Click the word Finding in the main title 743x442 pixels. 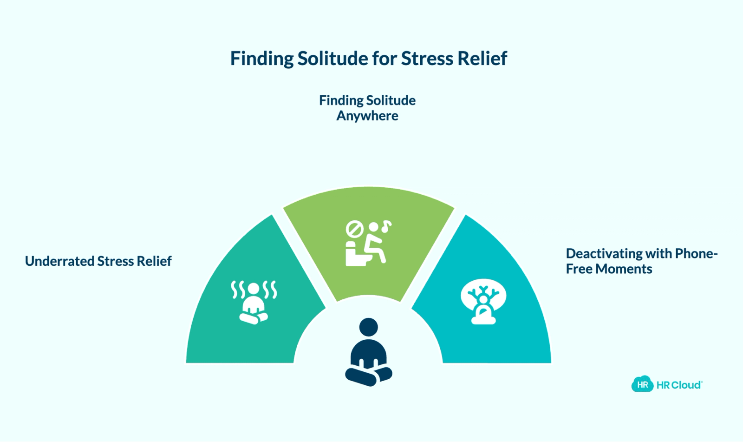click(262, 59)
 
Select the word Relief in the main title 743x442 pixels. click(482, 59)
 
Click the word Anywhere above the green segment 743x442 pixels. click(367, 116)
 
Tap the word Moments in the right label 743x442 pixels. click(624, 269)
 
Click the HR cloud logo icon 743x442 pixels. click(643, 384)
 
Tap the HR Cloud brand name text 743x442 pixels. click(679, 385)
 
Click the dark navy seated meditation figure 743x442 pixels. click(369, 352)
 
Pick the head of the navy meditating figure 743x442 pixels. click(369, 327)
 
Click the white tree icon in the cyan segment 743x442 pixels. click(483, 301)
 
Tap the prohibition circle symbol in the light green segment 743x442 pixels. click(355, 229)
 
